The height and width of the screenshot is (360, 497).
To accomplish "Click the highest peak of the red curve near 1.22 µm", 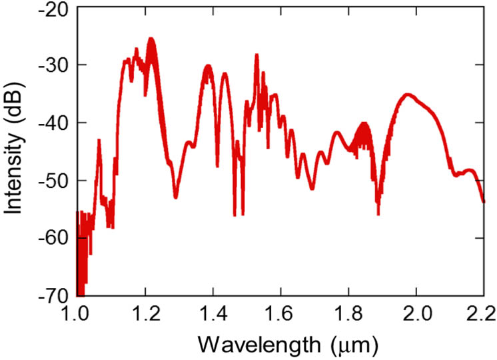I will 151,39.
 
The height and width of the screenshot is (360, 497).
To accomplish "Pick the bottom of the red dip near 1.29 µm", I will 176,197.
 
